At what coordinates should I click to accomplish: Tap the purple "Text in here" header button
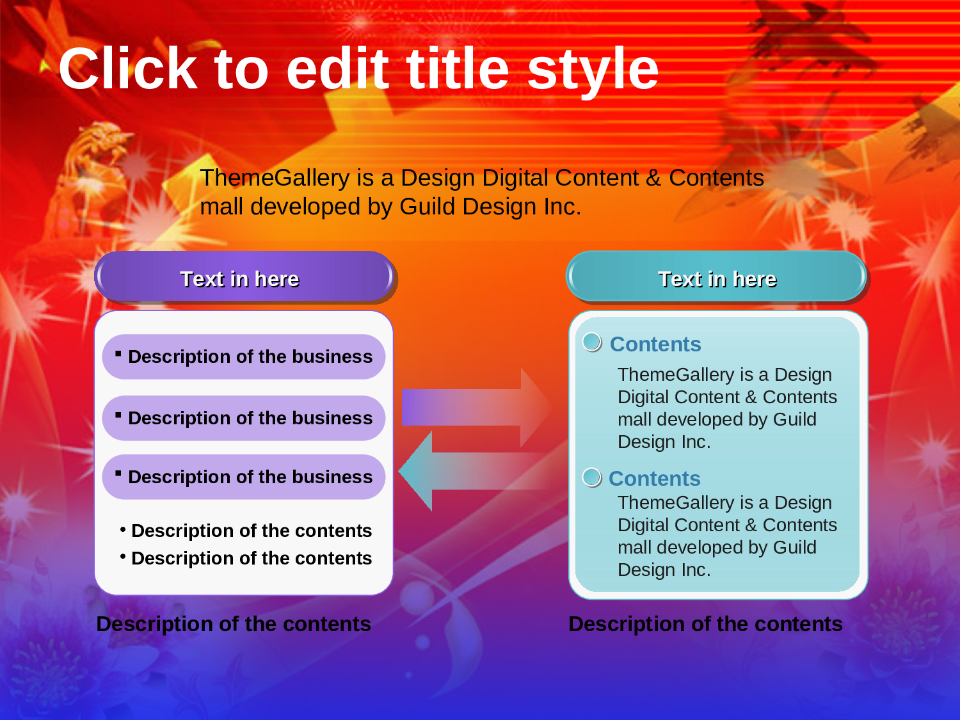pyautogui.click(x=244, y=276)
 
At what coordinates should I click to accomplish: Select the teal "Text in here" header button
pyautogui.click(x=716, y=276)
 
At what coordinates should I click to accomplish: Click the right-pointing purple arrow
pyautogui.click(x=477, y=408)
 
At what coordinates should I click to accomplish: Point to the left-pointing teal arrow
pyautogui.click(x=472, y=471)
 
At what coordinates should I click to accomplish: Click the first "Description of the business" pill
pyautogui.click(x=244, y=356)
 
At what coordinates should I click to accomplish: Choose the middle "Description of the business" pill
pyautogui.click(x=244, y=418)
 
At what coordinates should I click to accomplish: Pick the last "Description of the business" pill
pyautogui.click(x=244, y=477)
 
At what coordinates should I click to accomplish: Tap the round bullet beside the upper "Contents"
pyautogui.click(x=592, y=342)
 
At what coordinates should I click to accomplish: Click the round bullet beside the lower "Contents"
pyautogui.click(x=592, y=477)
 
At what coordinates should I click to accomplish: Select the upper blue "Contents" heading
pyautogui.click(x=655, y=344)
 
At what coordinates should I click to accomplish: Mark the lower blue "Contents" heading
pyautogui.click(x=654, y=478)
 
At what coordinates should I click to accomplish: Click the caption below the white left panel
pyautogui.click(x=234, y=624)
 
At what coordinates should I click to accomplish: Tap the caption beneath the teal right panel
pyautogui.click(x=705, y=624)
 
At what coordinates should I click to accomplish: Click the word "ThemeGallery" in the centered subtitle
pyautogui.click(x=275, y=179)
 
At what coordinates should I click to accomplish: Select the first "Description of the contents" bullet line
pyautogui.click(x=246, y=531)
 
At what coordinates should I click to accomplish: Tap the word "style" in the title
pyautogui.click(x=593, y=72)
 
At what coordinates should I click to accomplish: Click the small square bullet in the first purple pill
pyautogui.click(x=118, y=354)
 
